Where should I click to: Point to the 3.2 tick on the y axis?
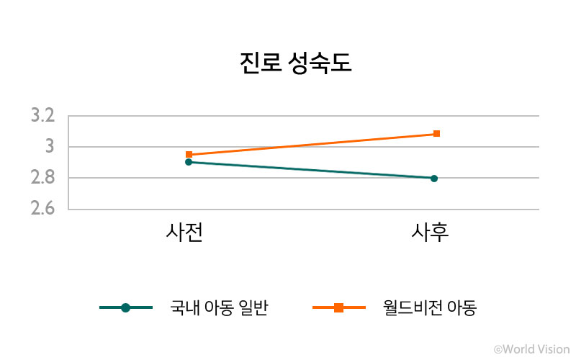42,116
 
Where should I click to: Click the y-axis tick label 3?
50,147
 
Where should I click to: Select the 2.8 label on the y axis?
42,178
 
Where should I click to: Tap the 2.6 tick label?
42,209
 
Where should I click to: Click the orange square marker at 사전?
189,155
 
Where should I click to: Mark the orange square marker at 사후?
436,134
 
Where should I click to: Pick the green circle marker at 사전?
189,162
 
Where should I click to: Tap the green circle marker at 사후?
434,178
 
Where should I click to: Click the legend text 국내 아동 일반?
220,308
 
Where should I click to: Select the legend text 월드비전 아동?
431,308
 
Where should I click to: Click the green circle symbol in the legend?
126,308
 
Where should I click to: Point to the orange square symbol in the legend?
339,308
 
